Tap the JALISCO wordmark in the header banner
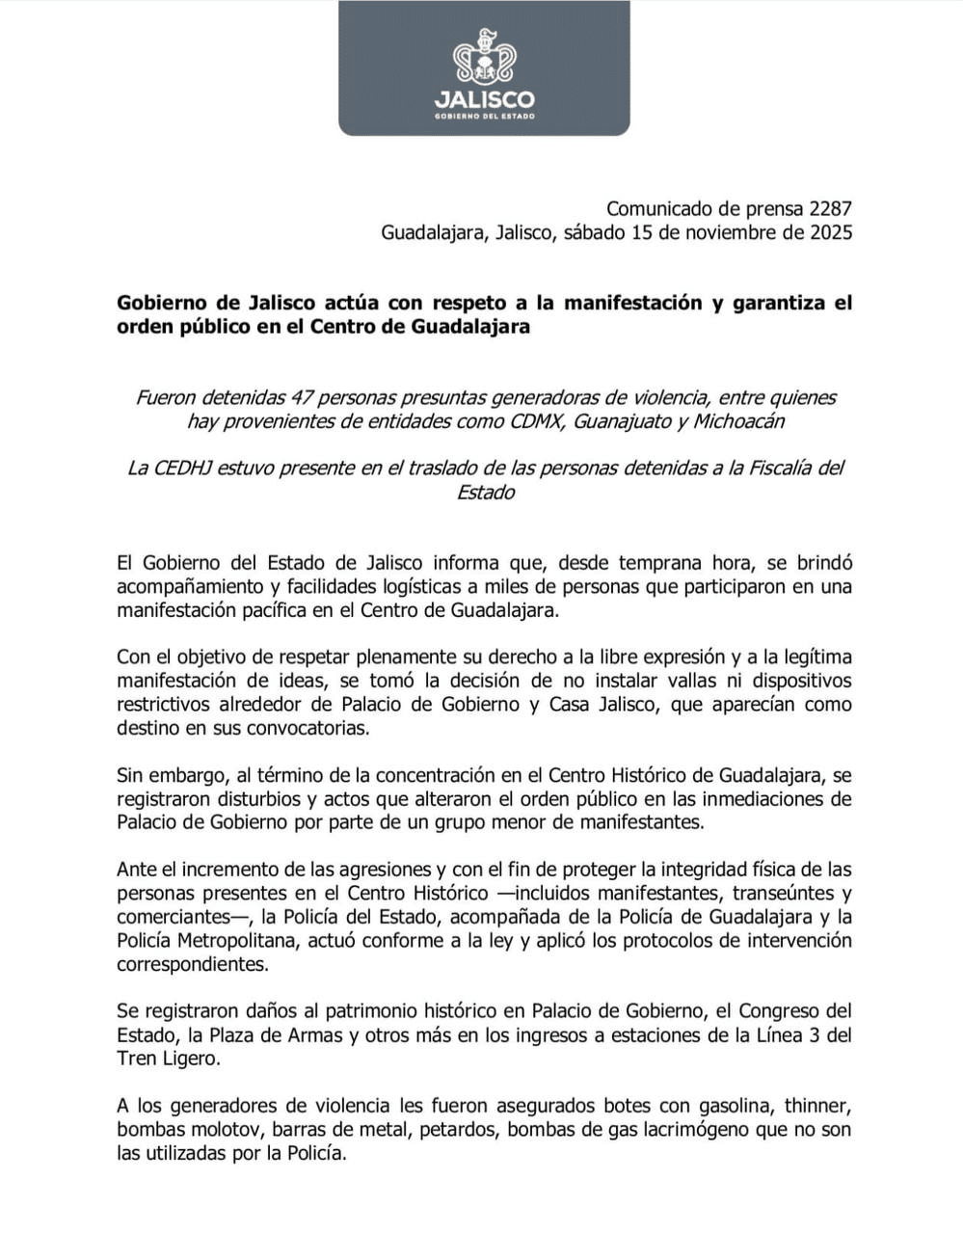(x=484, y=99)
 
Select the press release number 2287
(x=831, y=209)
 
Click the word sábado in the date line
(x=595, y=232)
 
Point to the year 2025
(x=830, y=232)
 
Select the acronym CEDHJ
(x=182, y=469)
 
